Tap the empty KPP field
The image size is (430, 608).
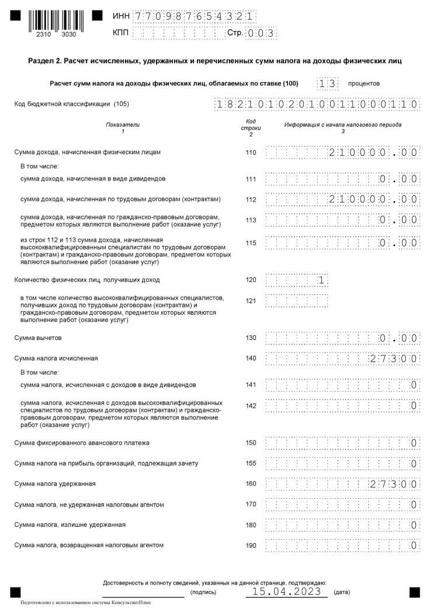point(179,33)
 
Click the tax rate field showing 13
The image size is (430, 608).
point(328,84)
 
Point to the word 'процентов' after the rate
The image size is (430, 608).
point(363,84)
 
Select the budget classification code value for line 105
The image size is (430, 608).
point(317,105)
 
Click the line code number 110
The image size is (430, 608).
point(251,152)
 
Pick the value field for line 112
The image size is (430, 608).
point(342,199)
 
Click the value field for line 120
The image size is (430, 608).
point(297,280)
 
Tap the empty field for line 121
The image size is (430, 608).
point(297,300)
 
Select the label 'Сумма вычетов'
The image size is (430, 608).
point(38,338)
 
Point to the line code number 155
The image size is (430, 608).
point(251,463)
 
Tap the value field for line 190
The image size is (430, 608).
point(342,546)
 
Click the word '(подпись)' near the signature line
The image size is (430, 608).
point(203,592)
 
